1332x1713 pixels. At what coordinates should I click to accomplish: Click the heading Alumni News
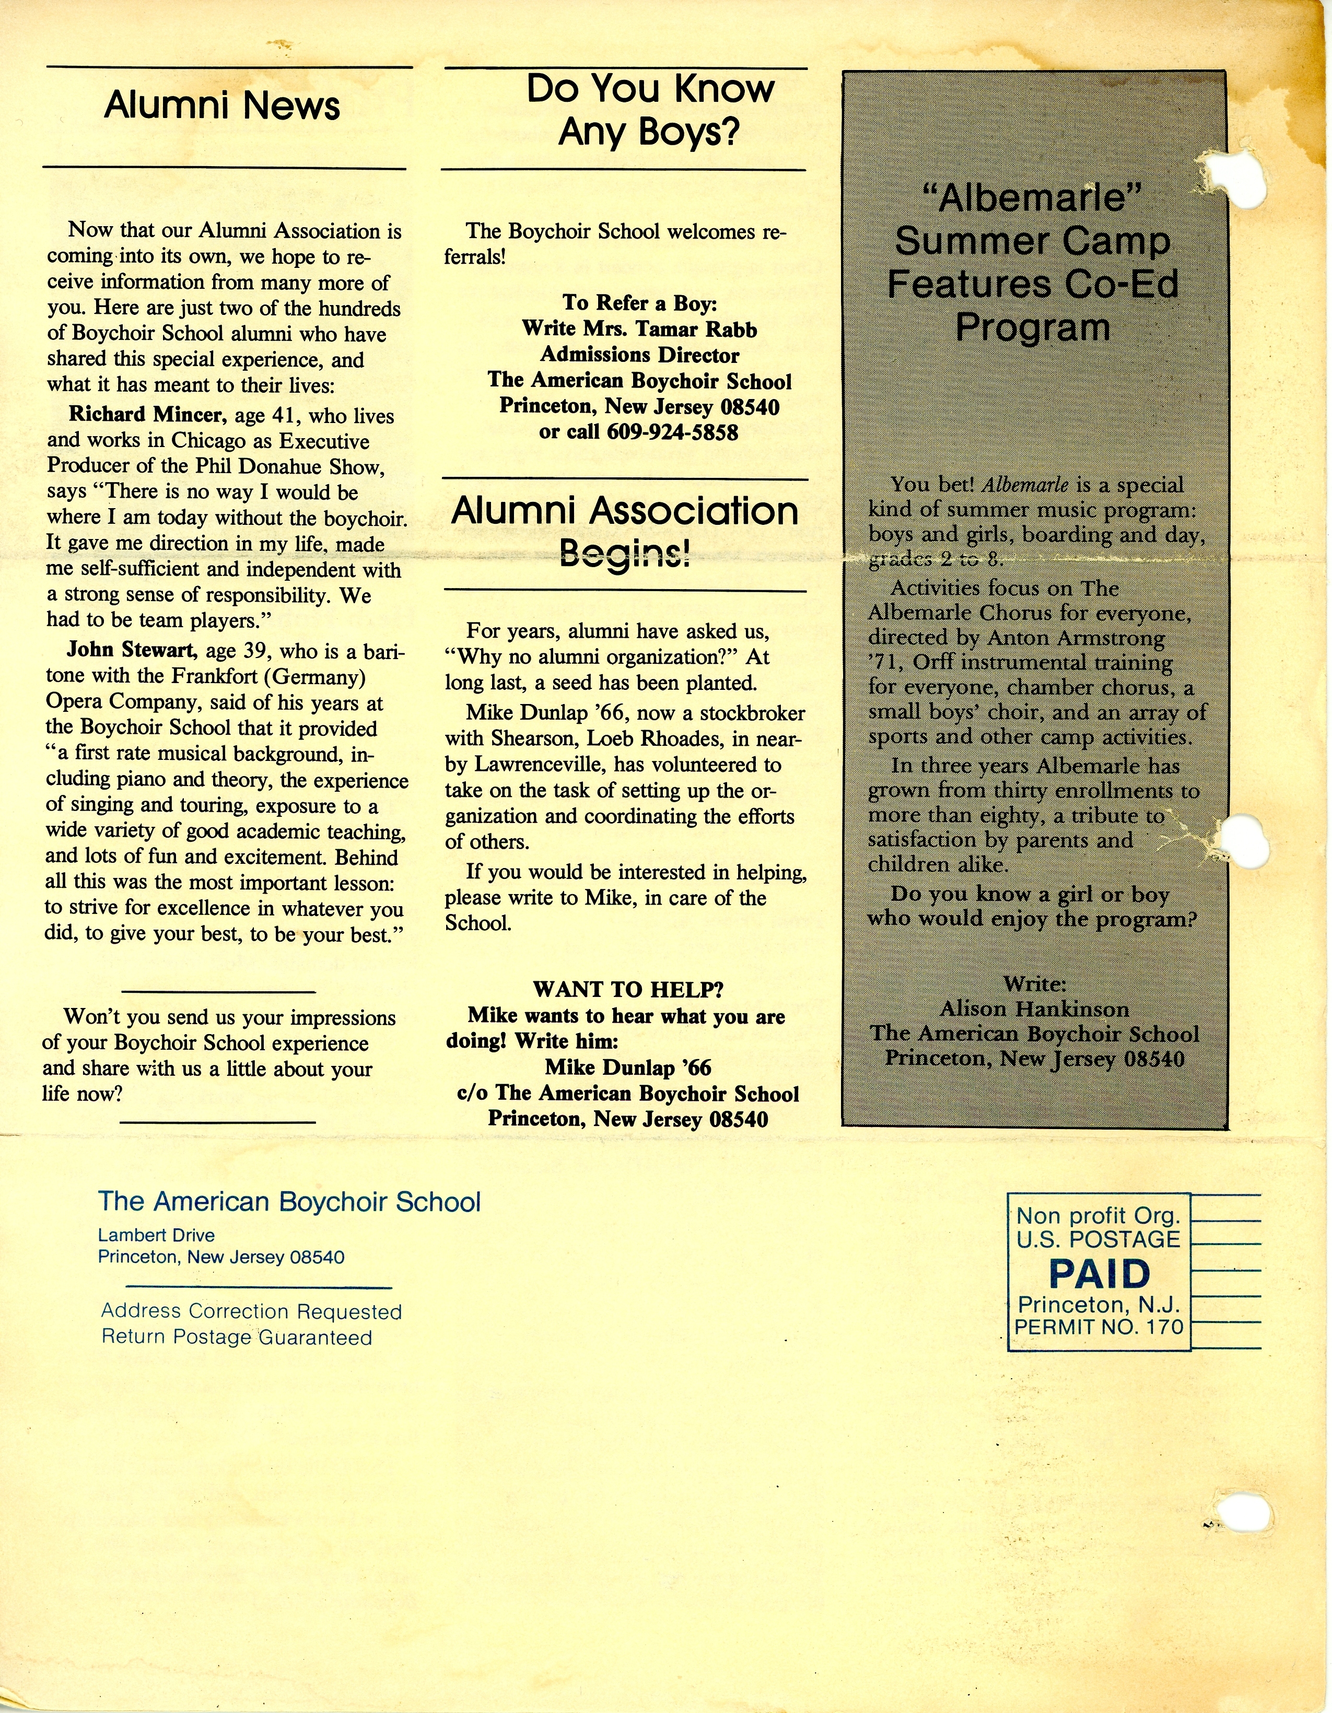(x=222, y=106)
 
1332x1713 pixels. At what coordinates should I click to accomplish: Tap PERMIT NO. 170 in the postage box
(x=1098, y=1327)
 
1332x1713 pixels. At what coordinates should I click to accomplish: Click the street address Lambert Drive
(x=156, y=1235)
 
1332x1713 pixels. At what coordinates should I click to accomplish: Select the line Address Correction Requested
(x=251, y=1311)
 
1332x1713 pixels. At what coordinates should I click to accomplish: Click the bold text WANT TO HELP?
(x=627, y=989)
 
